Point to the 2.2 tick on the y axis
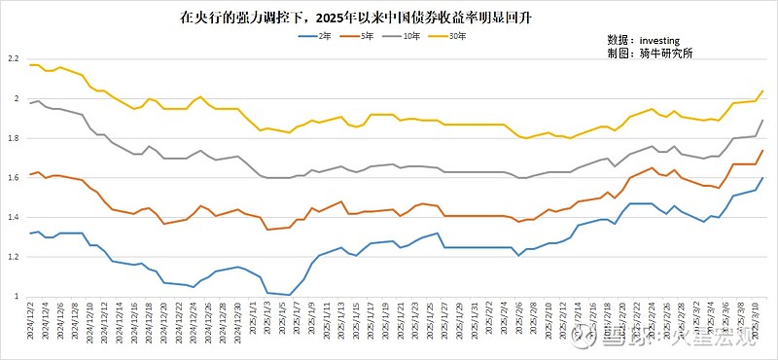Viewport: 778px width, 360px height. pyautogui.click(x=14, y=59)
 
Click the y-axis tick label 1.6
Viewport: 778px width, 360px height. pyautogui.click(x=14, y=178)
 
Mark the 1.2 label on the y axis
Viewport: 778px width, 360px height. pyautogui.click(x=14, y=257)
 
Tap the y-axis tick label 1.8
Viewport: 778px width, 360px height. pyautogui.click(x=14, y=138)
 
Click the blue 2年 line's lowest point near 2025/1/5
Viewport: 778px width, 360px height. pyautogui.click(x=289, y=294)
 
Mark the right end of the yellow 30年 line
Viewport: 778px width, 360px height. pyautogui.click(x=762, y=91)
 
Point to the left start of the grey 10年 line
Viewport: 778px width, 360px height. pyautogui.click(x=30, y=103)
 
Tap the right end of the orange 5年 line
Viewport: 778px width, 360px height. pyautogui.click(x=762, y=151)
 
